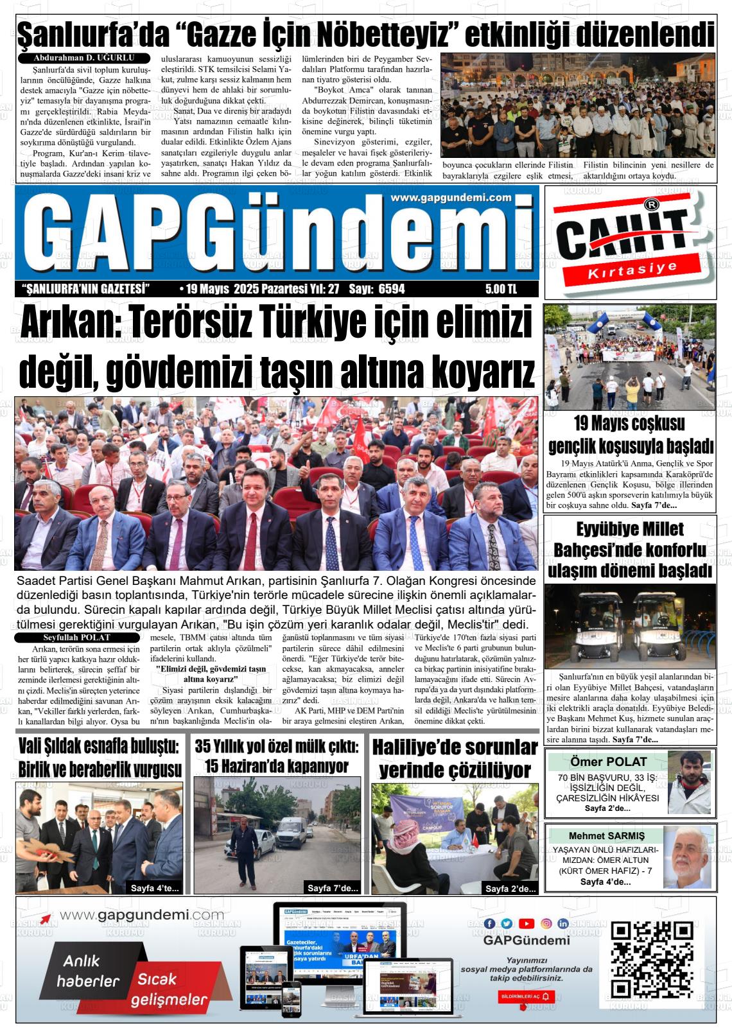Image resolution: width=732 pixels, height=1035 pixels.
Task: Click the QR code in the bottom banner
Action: (651, 959)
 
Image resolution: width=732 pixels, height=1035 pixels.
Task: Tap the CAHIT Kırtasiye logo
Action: (630, 241)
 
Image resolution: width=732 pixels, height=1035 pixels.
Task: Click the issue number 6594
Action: (392, 290)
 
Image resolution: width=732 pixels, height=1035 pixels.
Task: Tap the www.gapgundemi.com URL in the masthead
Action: (450, 198)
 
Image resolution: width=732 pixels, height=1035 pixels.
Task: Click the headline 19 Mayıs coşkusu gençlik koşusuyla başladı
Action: (630, 435)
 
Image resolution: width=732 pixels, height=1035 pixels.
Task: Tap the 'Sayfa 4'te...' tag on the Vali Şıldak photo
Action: (155, 888)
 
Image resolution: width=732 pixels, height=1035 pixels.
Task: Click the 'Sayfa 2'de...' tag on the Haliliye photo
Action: (510, 889)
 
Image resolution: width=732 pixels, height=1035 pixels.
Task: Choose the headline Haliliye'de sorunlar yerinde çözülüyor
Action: (455, 758)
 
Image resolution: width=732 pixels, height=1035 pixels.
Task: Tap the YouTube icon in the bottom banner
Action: (527, 923)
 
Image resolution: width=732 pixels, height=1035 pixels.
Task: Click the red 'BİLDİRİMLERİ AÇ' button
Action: (526, 996)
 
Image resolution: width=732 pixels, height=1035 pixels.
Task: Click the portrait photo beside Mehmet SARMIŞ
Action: (688, 857)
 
